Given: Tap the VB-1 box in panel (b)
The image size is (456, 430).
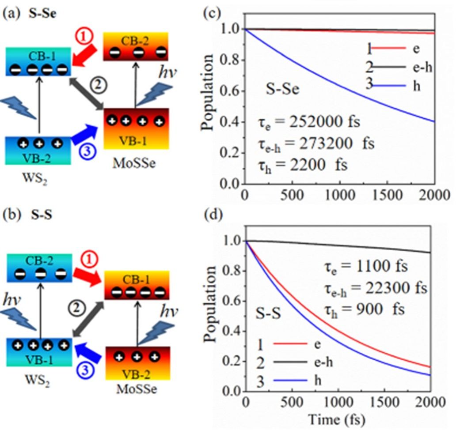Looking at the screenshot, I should coord(38,351).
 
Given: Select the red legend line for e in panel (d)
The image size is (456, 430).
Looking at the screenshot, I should coord(289,343).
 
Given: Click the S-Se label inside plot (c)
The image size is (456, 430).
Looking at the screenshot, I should coord(282,89).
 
